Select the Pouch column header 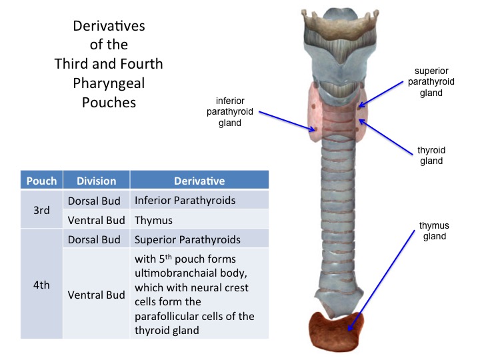tap(42, 181)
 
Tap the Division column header tap(96, 181)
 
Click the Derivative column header tap(199, 181)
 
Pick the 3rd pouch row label tap(42, 209)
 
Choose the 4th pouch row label tap(42, 283)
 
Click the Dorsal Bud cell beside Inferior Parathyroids tap(96, 199)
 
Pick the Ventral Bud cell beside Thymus tap(96, 219)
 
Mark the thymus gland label tap(433, 231)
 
